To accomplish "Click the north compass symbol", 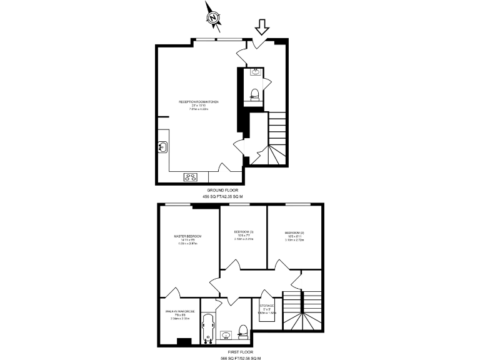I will pyautogui.click(x=214, y=19).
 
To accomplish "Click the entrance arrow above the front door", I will pyautogui.click(x=261, y=27).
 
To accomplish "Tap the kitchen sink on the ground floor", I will pyautogui.click(x=163, y=147).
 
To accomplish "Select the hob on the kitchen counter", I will pyautogui.click(x=190, y=177).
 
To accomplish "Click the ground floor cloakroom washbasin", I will pyautogui.click(x=256, y=72).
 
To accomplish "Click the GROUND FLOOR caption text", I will pyautogui.click(x=222, y=190).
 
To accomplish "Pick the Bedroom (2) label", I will pyautogui.click(x=294, y=233).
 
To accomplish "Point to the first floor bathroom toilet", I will pyautogui.click(x=244, y=336).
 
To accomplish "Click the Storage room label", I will pyautogui.click(x=267, y=306).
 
